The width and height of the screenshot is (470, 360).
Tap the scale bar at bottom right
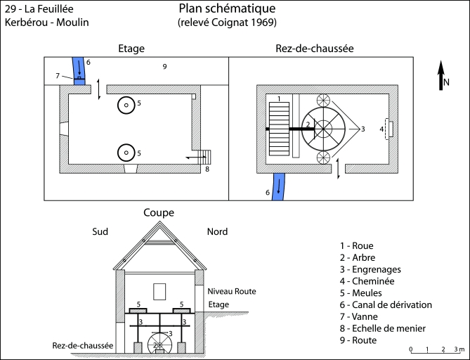pos(436,349)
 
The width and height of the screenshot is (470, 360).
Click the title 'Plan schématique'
pos(227,9)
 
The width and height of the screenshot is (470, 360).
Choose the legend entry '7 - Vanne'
pos(362,316)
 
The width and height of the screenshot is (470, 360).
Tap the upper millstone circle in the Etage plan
pos(126,105)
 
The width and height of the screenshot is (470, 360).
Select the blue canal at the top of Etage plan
pos(79,71)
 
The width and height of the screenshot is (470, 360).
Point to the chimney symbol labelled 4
pos(389,129)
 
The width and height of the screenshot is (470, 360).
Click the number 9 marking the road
pos(164,67)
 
